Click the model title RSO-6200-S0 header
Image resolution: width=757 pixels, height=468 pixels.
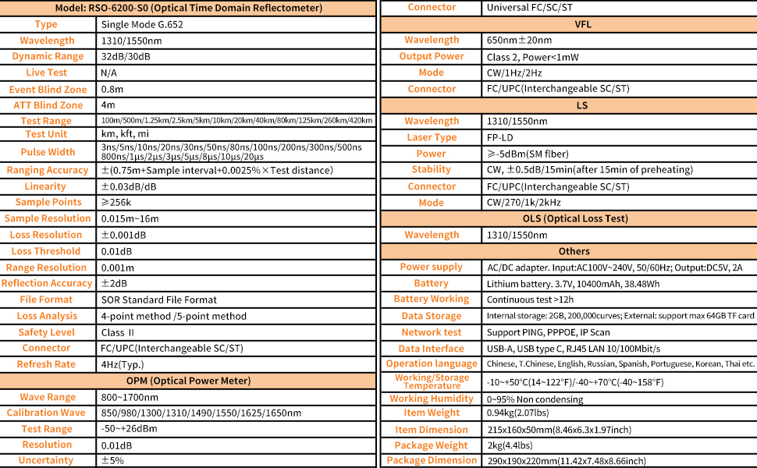pos(188,8)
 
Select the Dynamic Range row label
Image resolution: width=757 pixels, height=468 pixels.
pos(47,56)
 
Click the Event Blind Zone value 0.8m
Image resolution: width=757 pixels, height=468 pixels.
pos(112,89)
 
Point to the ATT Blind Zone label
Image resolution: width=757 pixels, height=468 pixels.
pos(48,105)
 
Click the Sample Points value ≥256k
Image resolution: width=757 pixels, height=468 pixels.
pos(117,202)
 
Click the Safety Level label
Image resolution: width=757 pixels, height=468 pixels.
pos(47,332)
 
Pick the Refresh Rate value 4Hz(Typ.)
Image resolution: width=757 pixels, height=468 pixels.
pos(123,364)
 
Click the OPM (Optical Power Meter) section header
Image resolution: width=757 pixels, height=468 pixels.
pos(188,381)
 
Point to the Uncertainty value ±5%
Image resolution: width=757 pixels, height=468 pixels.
pos(112,460)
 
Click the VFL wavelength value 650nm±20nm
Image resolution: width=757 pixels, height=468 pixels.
pos(519,40)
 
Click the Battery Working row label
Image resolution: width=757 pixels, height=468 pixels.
pos(431,299)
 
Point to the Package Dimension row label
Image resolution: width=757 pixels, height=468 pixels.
pos(431,460)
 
